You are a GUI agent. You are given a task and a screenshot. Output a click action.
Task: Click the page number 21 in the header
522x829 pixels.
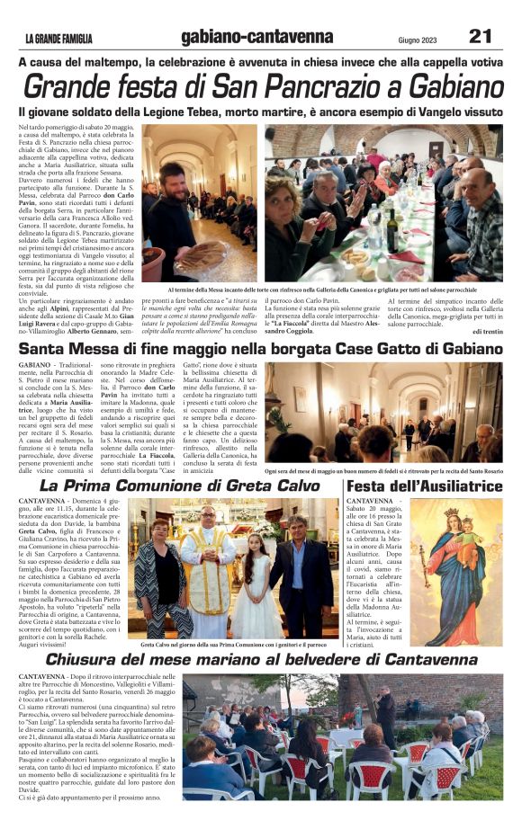click(x=480, y=36)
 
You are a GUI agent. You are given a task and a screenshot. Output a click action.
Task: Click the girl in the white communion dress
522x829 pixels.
click(x=255, y=584)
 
